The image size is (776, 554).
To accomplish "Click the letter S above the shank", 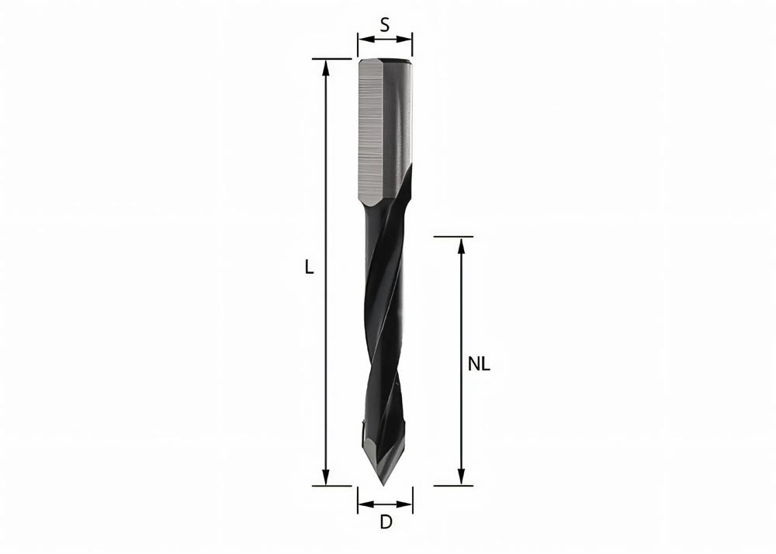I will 385,24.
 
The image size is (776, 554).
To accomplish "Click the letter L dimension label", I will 309,268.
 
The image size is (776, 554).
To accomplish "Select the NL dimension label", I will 480,363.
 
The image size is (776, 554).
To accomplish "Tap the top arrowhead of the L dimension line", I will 327,66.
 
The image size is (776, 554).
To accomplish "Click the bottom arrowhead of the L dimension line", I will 327,478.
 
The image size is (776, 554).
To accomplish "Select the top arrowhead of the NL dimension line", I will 462,244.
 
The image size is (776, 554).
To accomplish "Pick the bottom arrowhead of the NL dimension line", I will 462,478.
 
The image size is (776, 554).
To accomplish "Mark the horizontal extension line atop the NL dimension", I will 453,237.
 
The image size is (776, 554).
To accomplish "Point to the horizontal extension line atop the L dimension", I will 332,59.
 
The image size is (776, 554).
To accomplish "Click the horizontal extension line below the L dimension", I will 332,486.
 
